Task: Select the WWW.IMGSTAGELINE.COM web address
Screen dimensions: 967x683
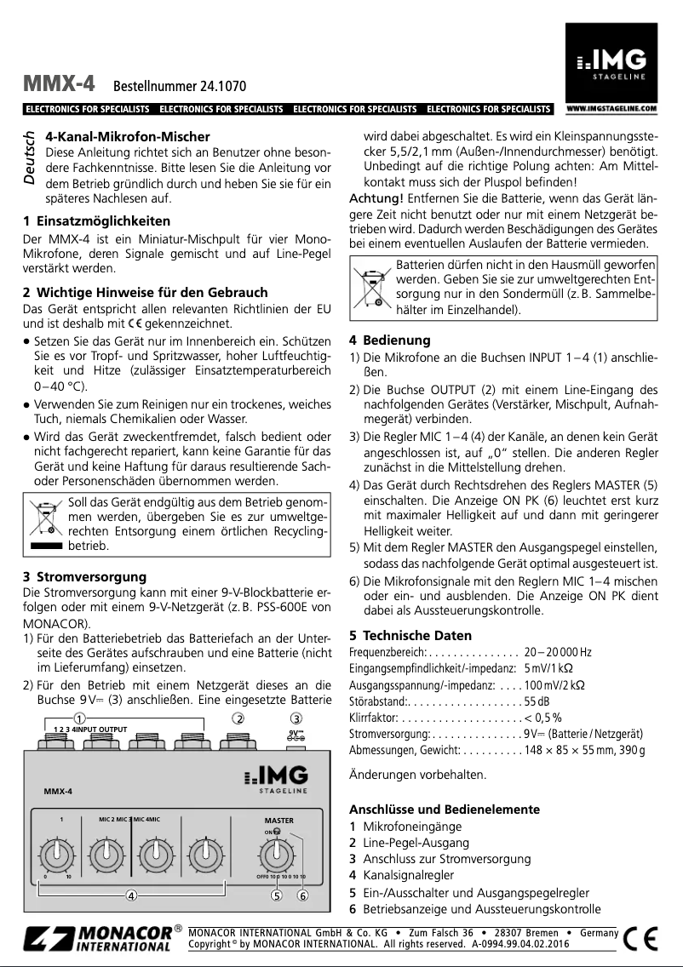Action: point(611,109)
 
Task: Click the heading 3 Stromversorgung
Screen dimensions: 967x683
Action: point(84,576)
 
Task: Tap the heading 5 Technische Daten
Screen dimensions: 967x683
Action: point(410,635)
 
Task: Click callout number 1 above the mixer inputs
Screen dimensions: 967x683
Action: point(79,718)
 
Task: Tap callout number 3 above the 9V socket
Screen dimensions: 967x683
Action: point(296,718)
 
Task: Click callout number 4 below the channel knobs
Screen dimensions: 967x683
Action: point(132,895)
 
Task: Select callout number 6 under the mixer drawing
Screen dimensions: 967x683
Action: point(302,895)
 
